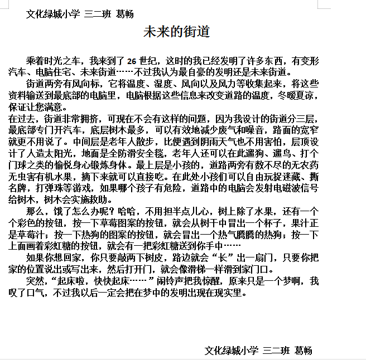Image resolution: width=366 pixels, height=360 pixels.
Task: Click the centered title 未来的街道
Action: (176, 32)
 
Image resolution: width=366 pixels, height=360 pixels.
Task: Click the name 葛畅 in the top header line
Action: (125, 14)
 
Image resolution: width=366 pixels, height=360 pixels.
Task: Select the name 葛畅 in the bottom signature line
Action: (304, 350)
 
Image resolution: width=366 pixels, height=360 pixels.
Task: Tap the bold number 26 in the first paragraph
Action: (132, 61)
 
